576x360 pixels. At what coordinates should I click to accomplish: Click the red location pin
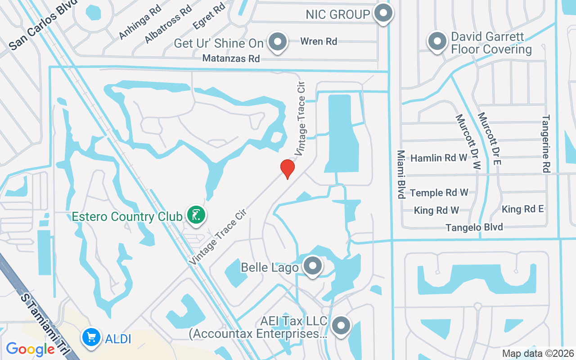coord(288,168)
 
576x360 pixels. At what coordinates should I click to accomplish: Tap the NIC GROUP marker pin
coord(383,13)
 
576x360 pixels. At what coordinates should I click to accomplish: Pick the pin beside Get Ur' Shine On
coord(278,42)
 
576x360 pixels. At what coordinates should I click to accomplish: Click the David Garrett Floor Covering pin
coord(436,42)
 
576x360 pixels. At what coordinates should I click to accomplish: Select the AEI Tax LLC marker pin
coord(342,325)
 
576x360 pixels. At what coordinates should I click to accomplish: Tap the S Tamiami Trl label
coord(43,322)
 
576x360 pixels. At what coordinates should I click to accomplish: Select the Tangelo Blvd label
coord(474,227)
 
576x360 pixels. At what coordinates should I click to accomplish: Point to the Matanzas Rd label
coord(231,58)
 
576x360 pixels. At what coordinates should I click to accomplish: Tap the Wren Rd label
coord(319,41)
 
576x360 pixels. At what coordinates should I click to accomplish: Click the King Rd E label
coord(523,209)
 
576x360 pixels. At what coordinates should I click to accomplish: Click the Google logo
coord(30,349)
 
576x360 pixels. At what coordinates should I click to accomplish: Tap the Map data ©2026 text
coord(538,354)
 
